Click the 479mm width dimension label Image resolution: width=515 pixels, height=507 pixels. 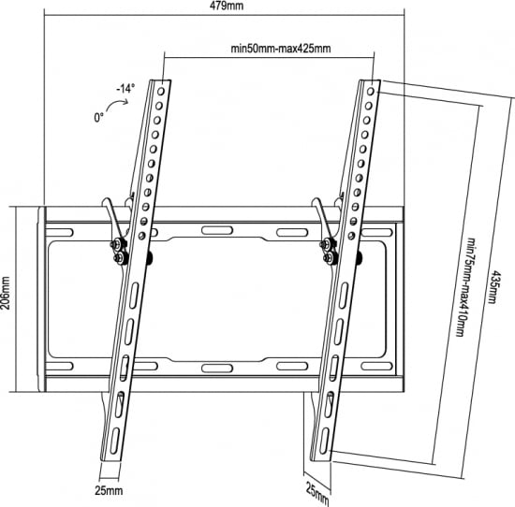227,6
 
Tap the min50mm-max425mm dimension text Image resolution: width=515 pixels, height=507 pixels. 281,49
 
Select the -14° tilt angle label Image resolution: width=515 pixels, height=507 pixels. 125,89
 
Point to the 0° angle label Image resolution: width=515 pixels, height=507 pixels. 99,117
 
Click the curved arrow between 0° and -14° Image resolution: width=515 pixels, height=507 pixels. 117,105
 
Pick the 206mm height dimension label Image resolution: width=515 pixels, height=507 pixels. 6,293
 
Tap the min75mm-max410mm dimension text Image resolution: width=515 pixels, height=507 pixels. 465,287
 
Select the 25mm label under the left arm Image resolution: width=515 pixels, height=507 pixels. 109,491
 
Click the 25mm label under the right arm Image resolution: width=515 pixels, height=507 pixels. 317,494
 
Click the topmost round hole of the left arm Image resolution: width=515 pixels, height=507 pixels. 161,92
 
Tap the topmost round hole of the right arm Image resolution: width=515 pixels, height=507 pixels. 371,92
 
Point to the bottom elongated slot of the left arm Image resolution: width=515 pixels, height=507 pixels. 115,441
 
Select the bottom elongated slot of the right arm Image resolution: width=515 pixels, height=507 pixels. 324,441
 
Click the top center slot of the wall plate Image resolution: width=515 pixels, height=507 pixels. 217,230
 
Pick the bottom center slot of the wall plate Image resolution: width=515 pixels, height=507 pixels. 217,368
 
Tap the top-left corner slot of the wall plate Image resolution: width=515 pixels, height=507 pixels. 59,233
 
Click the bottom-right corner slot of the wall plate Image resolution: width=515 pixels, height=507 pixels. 376,366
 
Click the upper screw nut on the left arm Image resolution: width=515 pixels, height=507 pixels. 116,244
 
